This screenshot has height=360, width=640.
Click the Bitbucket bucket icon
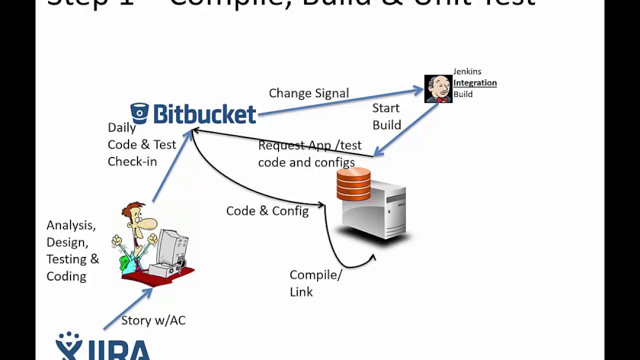tap(139, 113)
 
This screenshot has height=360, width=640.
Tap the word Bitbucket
tap(204, 114)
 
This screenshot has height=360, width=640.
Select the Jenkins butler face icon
tap(438, 89)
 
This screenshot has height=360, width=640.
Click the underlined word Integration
tap(474, 83)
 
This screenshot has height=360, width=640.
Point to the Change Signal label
tap(308, 93)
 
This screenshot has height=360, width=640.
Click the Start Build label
tap(386, 116)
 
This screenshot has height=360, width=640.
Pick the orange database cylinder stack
tap(353, 184)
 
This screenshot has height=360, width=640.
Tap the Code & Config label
tap(267, 211)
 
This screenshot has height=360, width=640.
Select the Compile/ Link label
tap(315, 283)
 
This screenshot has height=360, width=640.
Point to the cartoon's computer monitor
tap(172, 247)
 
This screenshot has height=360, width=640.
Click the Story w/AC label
tap(153, 320)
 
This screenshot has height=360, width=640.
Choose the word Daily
tap(121, 127)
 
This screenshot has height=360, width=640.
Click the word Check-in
tap(132, 161)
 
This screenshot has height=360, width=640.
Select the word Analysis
tap(71, 225)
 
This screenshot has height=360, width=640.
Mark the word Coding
tap(66, 276)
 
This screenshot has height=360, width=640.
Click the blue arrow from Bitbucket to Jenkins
tap(340, 102)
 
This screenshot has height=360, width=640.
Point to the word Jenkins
tap(467, 71)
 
